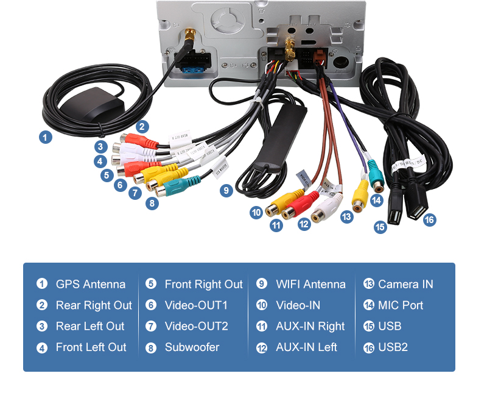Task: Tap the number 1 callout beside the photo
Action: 45,137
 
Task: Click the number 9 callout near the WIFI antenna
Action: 226,190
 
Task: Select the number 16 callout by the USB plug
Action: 430,220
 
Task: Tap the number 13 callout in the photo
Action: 347,216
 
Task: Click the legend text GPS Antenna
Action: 90,285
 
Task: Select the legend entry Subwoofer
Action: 192,347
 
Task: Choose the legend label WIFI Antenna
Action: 310,285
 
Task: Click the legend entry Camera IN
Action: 405,285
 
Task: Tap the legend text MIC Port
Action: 401,305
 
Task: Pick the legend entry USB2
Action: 393,347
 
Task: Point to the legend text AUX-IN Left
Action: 306,347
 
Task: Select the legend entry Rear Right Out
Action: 94,305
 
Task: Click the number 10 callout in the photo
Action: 256,212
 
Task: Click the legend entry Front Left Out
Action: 91,347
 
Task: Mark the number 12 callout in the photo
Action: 304,224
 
